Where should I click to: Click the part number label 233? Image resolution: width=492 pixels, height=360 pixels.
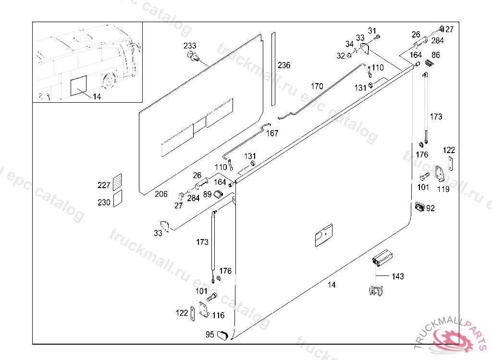pos(190,46)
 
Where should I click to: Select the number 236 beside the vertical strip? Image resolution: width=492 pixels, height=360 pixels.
pos(284,65)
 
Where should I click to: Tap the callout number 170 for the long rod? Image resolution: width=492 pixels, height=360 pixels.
pos(317,87)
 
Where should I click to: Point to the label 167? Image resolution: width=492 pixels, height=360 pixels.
pos(272,133)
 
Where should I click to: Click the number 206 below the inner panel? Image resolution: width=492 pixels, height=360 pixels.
pos(161,194)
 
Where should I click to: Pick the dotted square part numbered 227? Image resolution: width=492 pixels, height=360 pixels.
pos(117,182)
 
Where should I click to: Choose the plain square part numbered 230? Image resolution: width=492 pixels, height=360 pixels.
pos(117,198)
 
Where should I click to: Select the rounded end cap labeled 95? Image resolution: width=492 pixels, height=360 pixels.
pos(222,335)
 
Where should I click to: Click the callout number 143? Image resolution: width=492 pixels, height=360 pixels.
pos(398,276)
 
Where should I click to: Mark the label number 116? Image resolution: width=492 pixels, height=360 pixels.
pos(218,315)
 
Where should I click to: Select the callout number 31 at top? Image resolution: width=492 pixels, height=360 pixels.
pos(372,31)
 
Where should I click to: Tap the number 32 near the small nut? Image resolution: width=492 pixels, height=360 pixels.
pos(341,56)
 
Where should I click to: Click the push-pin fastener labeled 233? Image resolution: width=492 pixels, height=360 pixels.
pos(193,58)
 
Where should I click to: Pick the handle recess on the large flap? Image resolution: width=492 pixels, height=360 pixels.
pos(323,235)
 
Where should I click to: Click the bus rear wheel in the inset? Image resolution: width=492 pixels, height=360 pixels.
pos(110,81)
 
